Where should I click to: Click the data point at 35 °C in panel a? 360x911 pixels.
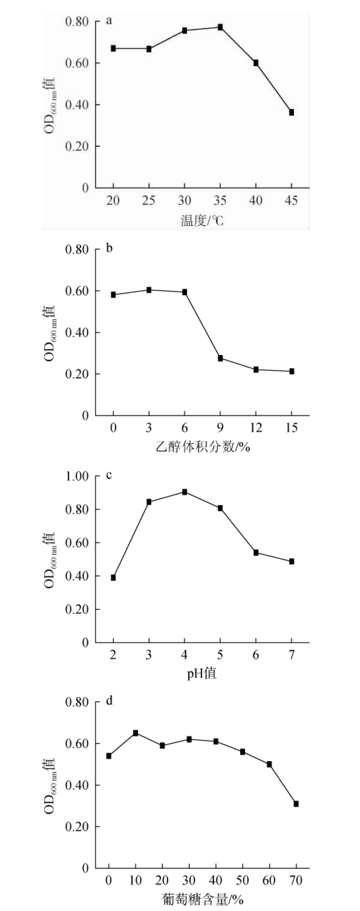coord(220,27)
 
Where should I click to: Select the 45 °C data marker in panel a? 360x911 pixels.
coord(292,112)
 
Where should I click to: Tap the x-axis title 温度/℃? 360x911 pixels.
coord(202,220)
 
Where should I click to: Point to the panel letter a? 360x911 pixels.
coord(109,21)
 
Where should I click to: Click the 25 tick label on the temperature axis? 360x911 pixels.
coord(149,201)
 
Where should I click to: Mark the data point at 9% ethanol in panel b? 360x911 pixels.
coord(220,358)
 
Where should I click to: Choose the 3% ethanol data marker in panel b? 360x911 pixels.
coord(149,290)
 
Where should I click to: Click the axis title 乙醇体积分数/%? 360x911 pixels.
coord(203,447)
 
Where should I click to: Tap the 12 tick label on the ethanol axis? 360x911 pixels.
coord(256,427)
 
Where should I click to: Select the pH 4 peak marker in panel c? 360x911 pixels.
coord(184,492)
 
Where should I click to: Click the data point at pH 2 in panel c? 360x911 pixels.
coord(113,578)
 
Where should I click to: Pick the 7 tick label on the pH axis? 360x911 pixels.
coord(292,655)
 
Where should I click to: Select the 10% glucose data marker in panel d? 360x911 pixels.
coord(136,733)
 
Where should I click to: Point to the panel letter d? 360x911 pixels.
coord(109,701)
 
